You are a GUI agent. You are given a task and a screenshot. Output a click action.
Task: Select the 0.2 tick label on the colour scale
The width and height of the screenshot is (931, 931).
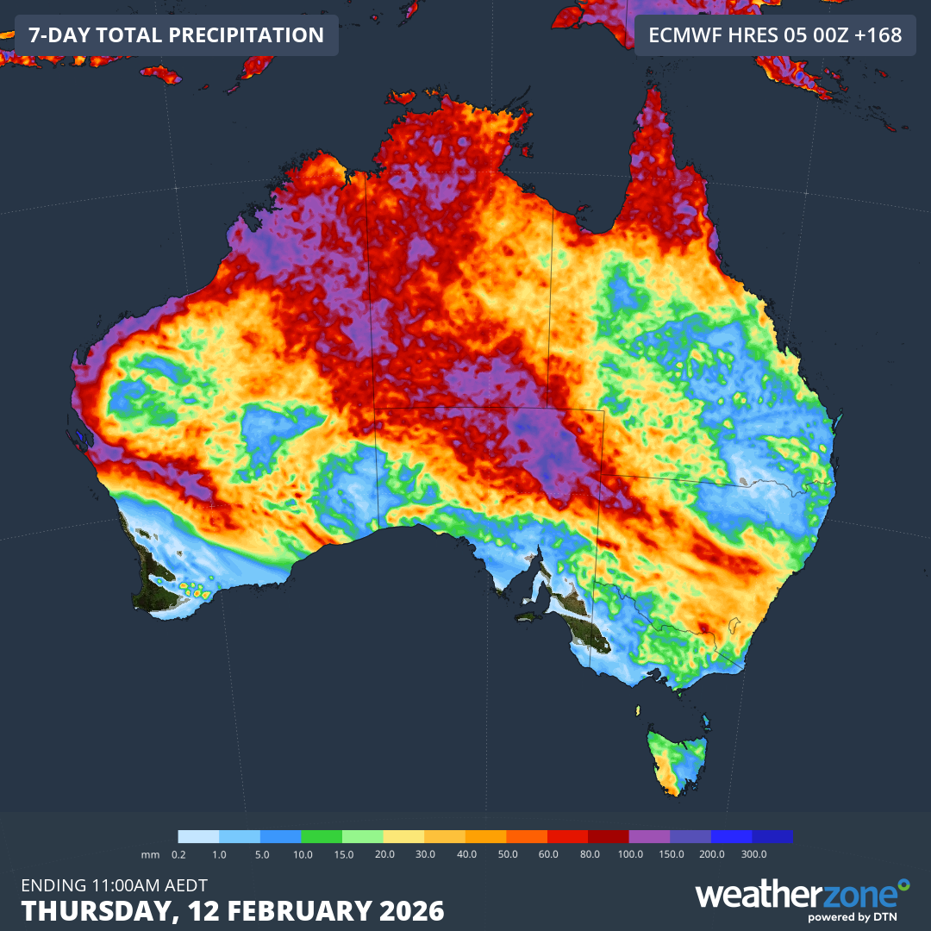click(179, 853)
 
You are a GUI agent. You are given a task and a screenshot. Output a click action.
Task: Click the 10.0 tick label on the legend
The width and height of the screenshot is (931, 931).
click(303, 853)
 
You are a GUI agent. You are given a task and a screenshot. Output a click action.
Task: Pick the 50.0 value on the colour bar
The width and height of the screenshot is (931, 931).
click(507, 853)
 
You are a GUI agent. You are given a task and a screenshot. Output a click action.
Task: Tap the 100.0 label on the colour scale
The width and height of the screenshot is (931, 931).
click(630, 853)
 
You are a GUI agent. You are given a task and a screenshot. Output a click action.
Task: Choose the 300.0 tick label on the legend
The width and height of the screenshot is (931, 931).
click(753, 853)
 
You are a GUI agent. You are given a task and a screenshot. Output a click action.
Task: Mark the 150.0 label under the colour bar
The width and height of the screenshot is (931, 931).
click(671, 853)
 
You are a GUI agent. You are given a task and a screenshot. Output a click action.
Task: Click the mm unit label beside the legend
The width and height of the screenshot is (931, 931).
click(152, 853)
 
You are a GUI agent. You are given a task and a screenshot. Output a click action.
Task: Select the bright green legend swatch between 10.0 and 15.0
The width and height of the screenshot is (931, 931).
click(322, 836)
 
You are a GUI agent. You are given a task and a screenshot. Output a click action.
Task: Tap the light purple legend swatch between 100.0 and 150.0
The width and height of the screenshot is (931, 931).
click(649, 836)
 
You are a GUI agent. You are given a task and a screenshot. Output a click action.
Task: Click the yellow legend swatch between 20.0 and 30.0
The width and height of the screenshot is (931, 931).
click(403, 836)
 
